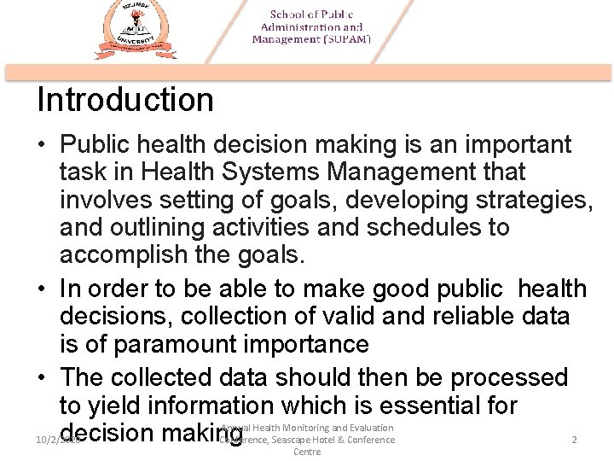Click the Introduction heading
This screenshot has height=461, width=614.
125,100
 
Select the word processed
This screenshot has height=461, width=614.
509,377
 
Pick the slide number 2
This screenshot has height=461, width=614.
574,440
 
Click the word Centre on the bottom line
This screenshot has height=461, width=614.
307,452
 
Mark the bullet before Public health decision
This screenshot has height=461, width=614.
42,145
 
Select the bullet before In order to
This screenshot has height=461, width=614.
42,289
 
